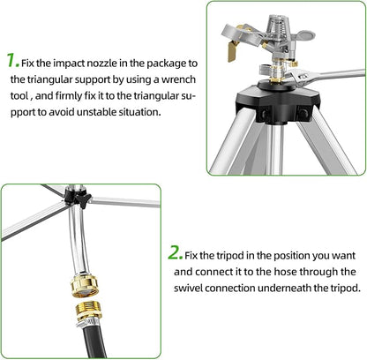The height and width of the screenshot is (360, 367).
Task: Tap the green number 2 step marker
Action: (175, 251)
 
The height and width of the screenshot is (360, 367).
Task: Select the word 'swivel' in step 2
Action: (203, 288)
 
